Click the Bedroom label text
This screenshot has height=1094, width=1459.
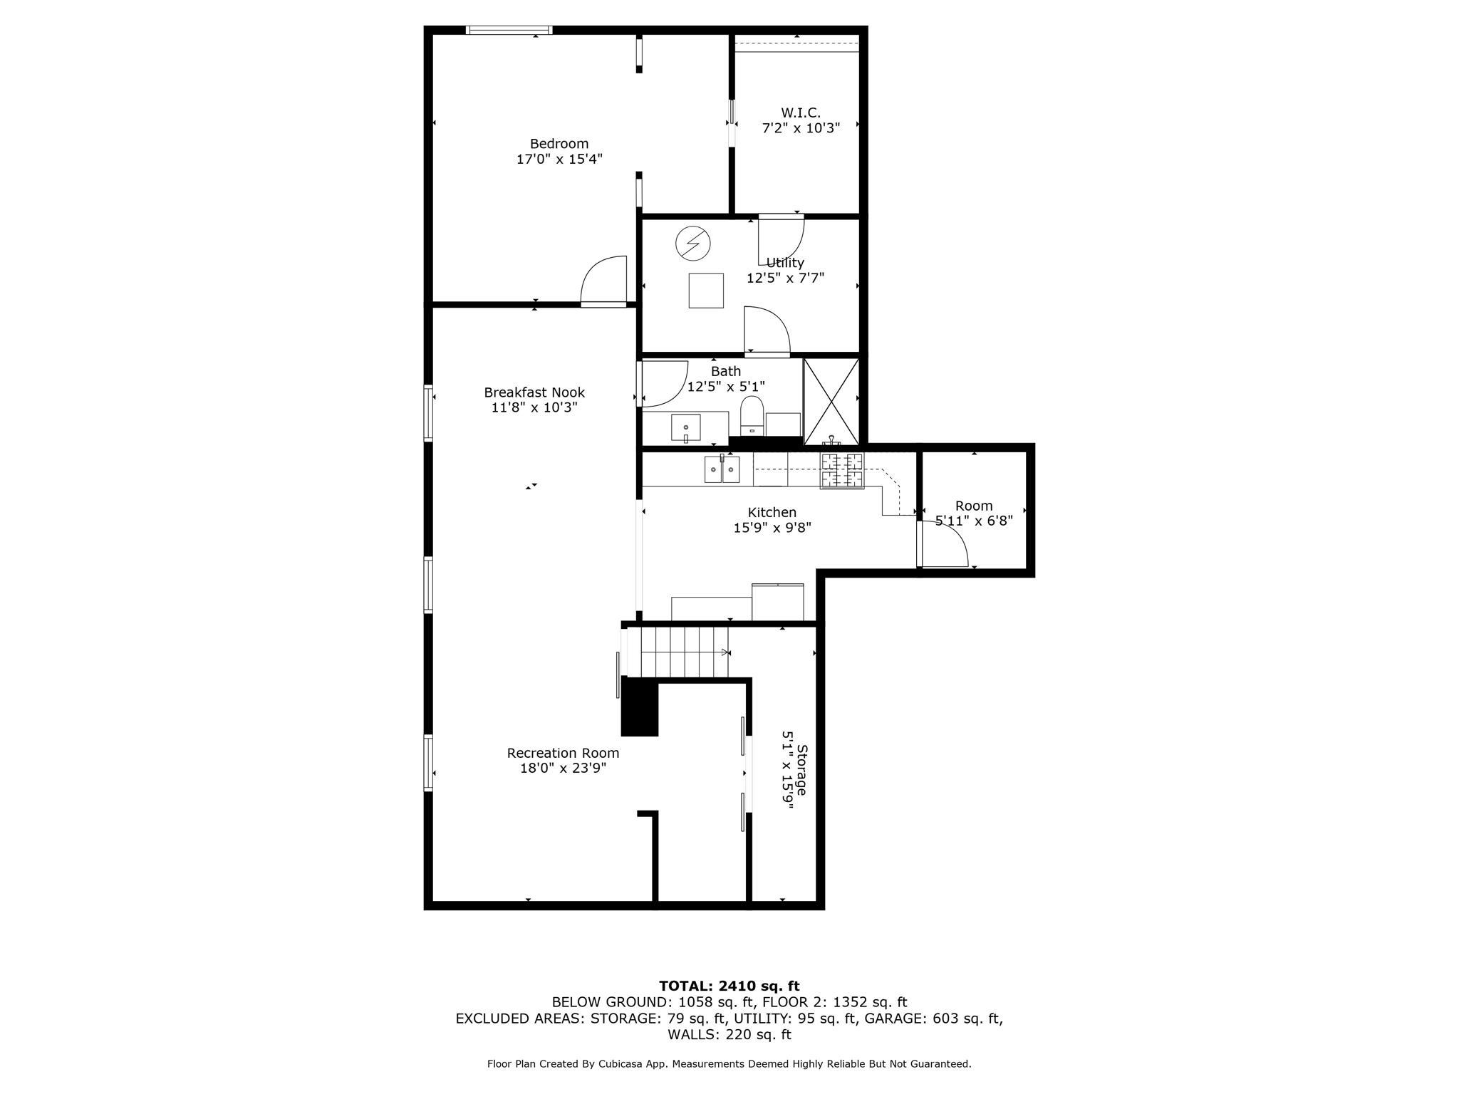point(559,144)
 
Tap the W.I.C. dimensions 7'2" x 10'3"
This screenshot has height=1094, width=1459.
point(801,128)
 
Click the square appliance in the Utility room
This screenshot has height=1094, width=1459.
point(705,291)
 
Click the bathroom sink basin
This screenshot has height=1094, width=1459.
point(685,428)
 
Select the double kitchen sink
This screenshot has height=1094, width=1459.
point(722,470)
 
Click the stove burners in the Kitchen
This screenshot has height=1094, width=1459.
point(841,471)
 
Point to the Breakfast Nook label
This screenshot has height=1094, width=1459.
point(534,392)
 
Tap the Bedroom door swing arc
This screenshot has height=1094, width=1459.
point(604,280)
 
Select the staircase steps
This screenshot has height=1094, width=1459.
point(685,652)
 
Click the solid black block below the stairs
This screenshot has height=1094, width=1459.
point(640,707)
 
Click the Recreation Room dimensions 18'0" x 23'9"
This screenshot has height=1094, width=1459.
point(563,769)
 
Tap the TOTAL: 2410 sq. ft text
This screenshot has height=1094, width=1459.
point(729,986)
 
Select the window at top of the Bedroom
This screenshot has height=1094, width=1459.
point(509,30)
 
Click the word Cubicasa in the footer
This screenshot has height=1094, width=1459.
point(621,1064)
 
